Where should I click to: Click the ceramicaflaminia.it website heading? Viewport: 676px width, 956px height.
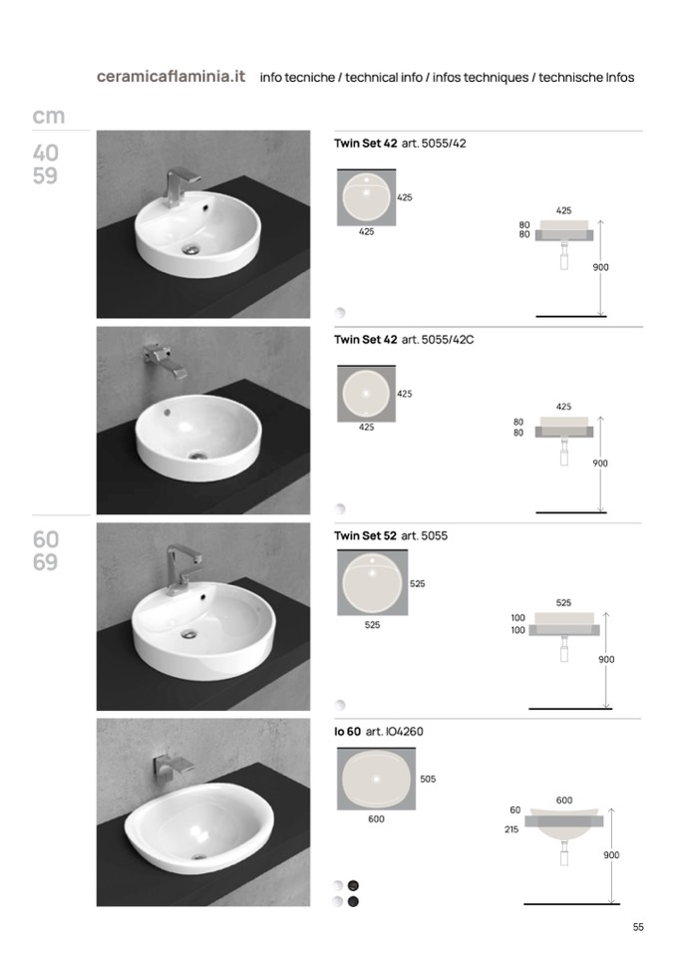170,76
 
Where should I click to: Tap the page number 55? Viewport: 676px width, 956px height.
638,927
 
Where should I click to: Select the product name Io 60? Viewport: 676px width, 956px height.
347,731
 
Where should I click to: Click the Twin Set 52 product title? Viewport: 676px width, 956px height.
365,535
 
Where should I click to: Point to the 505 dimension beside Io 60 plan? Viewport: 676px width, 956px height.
428,779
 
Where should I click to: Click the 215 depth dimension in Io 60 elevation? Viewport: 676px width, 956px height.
511,829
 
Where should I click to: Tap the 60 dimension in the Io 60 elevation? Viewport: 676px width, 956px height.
515,809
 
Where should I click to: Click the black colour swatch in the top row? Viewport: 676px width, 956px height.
353,885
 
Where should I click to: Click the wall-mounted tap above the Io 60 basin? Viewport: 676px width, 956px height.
171,767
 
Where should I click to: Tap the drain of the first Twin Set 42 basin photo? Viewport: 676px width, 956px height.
191,249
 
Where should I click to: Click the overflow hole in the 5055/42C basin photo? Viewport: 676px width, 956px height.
168,413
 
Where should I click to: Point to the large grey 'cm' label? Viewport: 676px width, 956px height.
48,116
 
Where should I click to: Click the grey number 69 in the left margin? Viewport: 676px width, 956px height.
46,561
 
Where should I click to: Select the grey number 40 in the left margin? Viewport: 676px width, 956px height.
46,153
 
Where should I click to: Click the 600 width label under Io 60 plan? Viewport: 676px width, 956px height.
376,818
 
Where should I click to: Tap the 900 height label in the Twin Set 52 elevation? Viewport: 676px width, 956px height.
606,659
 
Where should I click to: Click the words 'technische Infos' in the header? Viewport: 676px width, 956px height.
586,78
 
